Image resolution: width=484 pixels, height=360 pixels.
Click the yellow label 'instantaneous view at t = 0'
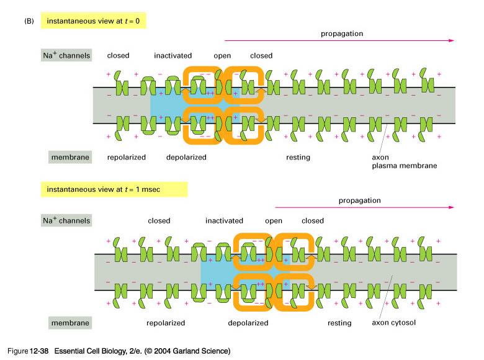[93, 20]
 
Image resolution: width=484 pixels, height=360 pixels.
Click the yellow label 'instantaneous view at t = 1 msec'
[114, 189]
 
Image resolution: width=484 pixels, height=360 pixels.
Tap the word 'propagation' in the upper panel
[342, 34]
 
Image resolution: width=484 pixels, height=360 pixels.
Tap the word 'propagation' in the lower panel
[360, 200]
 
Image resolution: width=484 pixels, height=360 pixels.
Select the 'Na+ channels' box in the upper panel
[66, 55]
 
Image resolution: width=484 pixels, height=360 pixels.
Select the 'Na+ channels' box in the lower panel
[66, 220]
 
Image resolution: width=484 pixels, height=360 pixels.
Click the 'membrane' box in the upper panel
[70, 157]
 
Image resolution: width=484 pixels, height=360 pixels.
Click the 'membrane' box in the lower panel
[70, 323]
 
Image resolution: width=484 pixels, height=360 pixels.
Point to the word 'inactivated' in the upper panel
[173, 56]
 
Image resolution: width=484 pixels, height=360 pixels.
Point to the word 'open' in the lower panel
[274, 221]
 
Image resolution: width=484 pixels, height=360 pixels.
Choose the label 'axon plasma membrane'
[405, 161]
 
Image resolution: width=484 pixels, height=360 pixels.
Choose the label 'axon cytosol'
[393, 323]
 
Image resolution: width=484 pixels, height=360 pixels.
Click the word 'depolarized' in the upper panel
[186, 158]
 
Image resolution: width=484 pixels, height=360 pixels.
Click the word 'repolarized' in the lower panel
[166, 323]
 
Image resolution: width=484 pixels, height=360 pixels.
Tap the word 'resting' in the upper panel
[298, 158]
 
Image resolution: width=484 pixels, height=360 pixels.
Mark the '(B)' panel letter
[29, 21]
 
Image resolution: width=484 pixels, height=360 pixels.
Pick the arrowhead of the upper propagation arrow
[452, 40]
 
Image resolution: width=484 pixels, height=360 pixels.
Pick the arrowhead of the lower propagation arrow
[452, 207]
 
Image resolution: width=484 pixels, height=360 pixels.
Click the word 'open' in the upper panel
[222, 56]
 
